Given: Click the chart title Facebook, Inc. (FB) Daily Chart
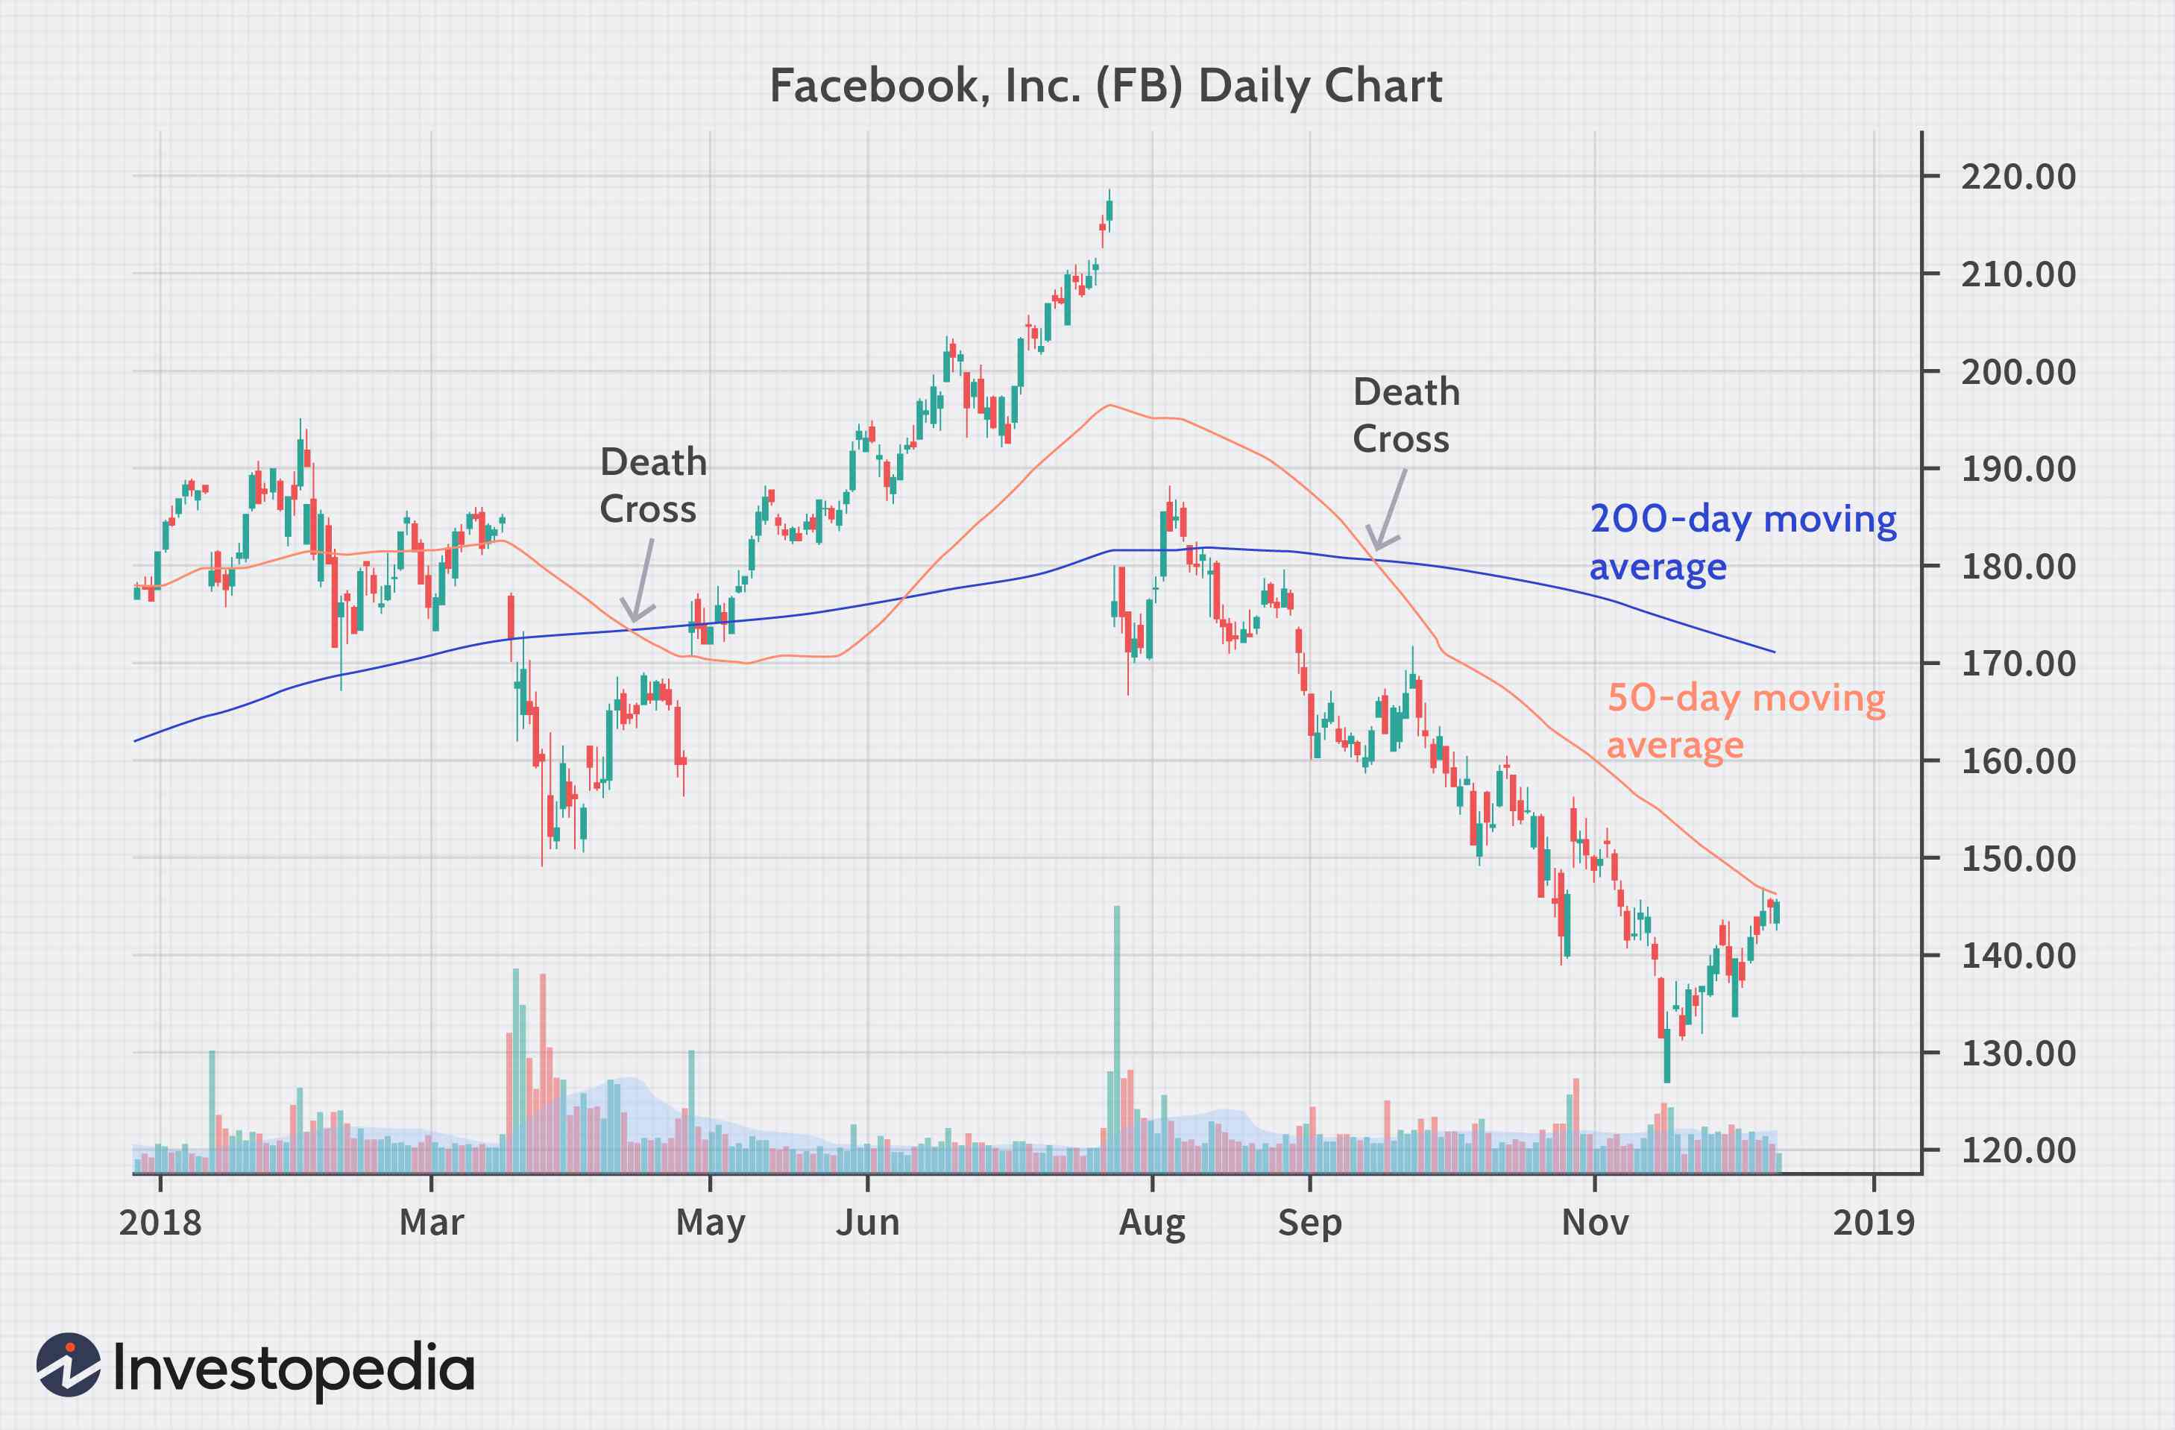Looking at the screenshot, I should click(x=1106, y=86).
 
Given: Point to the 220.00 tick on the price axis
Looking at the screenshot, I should click(x=2018, y=177).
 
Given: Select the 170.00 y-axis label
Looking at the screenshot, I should click(x=2018, y=664).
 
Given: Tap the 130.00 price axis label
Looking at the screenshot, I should click(x=2018, y=1053).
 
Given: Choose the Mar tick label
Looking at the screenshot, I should click(x=431, y=1223).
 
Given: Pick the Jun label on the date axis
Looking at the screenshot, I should click(x=867, y=1223).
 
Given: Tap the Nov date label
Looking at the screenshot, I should click(x=1595, y=1223).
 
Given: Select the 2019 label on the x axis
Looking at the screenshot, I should click(x=1874, y=1223).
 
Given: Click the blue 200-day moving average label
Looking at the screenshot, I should click(x=1742, y=542).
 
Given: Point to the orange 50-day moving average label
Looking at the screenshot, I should click(x=1746, y=721).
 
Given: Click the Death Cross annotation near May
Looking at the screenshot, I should click(x=652, y=485).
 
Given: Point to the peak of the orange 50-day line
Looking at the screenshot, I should click(x=1109, y=405).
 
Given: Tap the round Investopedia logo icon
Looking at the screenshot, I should click(x=69, y=1364).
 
